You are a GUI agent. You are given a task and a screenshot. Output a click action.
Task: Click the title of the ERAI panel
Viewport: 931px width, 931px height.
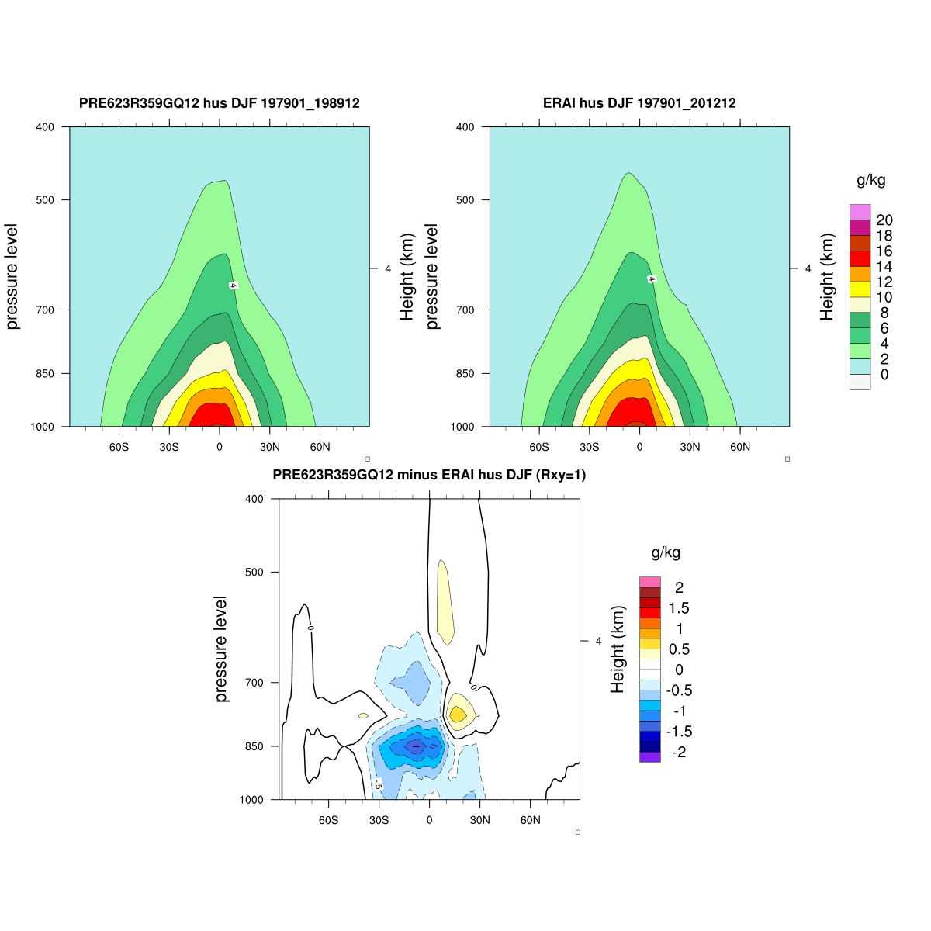[x=639, y=103]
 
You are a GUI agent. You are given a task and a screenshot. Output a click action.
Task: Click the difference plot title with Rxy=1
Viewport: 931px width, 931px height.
[x=429, y=476]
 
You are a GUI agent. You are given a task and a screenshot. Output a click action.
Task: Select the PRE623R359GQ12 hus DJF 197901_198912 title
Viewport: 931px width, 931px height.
[x=220, y=103]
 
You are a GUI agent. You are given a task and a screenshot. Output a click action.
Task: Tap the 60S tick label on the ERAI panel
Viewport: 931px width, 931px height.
[x=539, y=447]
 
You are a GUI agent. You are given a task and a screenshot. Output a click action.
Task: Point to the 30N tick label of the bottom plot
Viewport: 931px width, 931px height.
[x=479, y=820]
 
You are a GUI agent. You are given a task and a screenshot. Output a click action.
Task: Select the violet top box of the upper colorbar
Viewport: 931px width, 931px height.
[x=860, y=212]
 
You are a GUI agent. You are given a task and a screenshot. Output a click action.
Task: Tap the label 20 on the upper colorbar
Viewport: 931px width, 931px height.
[x=884, y=220]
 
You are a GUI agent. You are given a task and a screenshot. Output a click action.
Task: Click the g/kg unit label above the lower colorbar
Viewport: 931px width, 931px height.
[x=666, y=553]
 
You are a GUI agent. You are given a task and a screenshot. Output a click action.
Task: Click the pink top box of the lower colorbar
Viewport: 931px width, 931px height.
[x=649, y=582]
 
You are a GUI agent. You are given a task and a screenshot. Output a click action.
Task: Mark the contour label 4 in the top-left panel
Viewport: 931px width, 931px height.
[x=232, y=286]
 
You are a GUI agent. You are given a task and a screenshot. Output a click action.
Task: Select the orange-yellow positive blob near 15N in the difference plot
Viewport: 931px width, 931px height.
[x=457, y=714]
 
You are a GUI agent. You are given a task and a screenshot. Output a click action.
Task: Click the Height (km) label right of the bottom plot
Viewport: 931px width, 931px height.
[x=618, y=649]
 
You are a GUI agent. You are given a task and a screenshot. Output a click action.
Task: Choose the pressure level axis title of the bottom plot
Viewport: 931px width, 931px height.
[x=222, y=649]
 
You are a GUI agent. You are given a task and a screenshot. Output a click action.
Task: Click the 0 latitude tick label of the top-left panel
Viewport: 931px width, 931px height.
[x=220, y=447]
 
